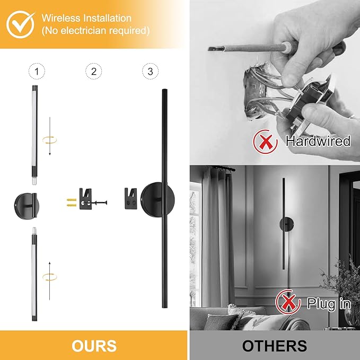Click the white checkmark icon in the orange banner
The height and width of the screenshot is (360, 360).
20,24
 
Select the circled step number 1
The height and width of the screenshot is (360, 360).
37,71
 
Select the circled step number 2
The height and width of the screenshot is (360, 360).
93,71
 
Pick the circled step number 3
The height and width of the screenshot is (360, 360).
150,71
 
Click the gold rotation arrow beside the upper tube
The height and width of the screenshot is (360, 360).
49,140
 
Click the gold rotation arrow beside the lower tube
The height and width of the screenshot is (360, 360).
50,277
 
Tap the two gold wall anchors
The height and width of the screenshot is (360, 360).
72,203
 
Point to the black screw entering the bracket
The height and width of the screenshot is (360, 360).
99,203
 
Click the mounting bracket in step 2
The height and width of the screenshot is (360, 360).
85,199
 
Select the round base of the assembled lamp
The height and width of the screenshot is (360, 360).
157,199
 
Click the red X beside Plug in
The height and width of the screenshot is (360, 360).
288,302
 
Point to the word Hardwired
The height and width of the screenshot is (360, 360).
318,141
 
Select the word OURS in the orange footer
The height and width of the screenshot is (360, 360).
94,346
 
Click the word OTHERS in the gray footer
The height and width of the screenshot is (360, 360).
275,346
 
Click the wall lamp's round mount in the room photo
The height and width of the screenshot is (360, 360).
286,225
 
